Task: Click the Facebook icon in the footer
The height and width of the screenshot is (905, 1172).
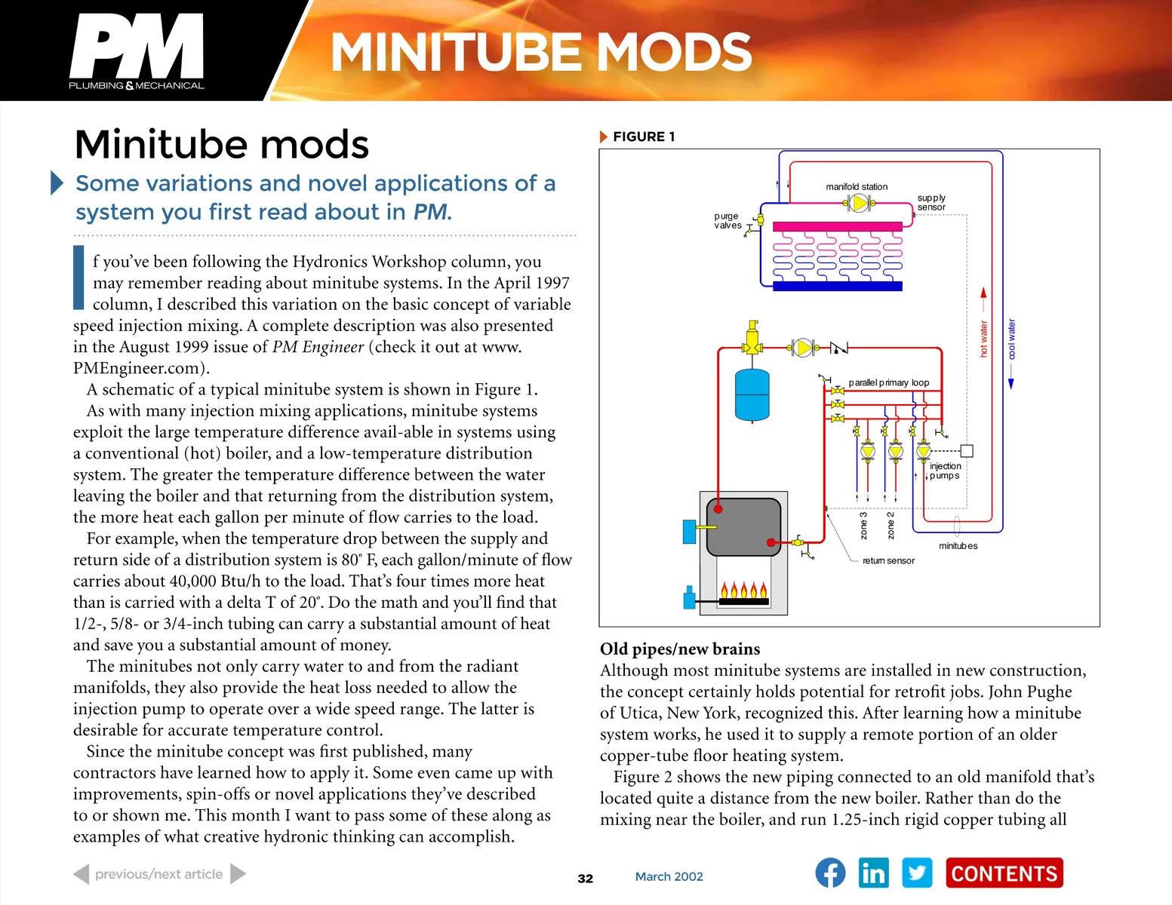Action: tap(830, 873)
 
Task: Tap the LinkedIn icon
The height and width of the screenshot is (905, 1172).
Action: tap(873, 873)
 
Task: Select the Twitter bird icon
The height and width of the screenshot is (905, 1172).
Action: tap(917, 873)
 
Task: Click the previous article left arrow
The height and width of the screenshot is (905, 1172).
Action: tap(82, 874)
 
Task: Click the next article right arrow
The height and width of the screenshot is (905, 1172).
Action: tap(238, 874)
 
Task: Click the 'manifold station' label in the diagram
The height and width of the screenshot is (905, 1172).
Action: tap(857, 186)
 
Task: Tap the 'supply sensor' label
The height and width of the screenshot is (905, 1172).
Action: tap(931, 202)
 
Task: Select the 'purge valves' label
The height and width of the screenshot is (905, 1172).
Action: tap(728, 220)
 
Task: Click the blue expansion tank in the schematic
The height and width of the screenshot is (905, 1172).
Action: tap(752, 394)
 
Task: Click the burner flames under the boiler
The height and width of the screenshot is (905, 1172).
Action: tap(743, 591)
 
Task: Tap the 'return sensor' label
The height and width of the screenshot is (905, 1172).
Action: tap(888, 560)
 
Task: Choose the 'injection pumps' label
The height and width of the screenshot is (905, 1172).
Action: tap(945, 471)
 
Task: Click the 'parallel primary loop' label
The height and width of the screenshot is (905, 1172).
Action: tap(889, 382)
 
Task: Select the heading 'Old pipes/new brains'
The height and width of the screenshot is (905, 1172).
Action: tap(679, 649)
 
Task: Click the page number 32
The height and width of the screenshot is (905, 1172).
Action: tap(585, 878)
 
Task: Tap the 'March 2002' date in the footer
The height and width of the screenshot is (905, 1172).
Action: tap(669, 876)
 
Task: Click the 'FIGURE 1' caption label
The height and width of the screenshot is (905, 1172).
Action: tap(643, 137)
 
